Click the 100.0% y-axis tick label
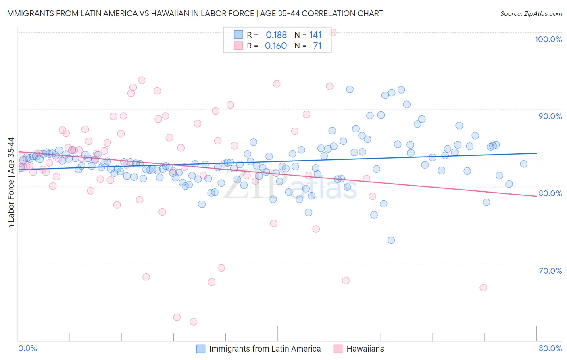[x=548, y=39]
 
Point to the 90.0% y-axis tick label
[x=550, y=116]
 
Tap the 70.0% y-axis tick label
[x=550, y=270]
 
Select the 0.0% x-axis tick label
[x=27, y=348]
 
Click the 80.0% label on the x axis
[x=550, y=348]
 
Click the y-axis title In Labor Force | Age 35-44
[x=11, y=184]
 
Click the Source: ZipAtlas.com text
[x=531, y=13]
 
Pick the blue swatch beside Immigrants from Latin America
[x=201, y=349]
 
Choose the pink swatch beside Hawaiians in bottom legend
[x=338, y=349]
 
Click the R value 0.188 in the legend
[x=276, y=35]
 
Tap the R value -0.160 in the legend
[x=274, y=46]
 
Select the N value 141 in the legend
[x=315, y=35]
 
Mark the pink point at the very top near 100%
[x=333, y=32]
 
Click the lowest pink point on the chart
[x=194, y=322]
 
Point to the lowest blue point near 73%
[x=391, y=240]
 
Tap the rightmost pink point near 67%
[x=484, y=287]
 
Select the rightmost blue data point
[x=523, y=164]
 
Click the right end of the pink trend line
[x=536, y=196]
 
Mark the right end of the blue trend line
[x=536, y=153]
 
